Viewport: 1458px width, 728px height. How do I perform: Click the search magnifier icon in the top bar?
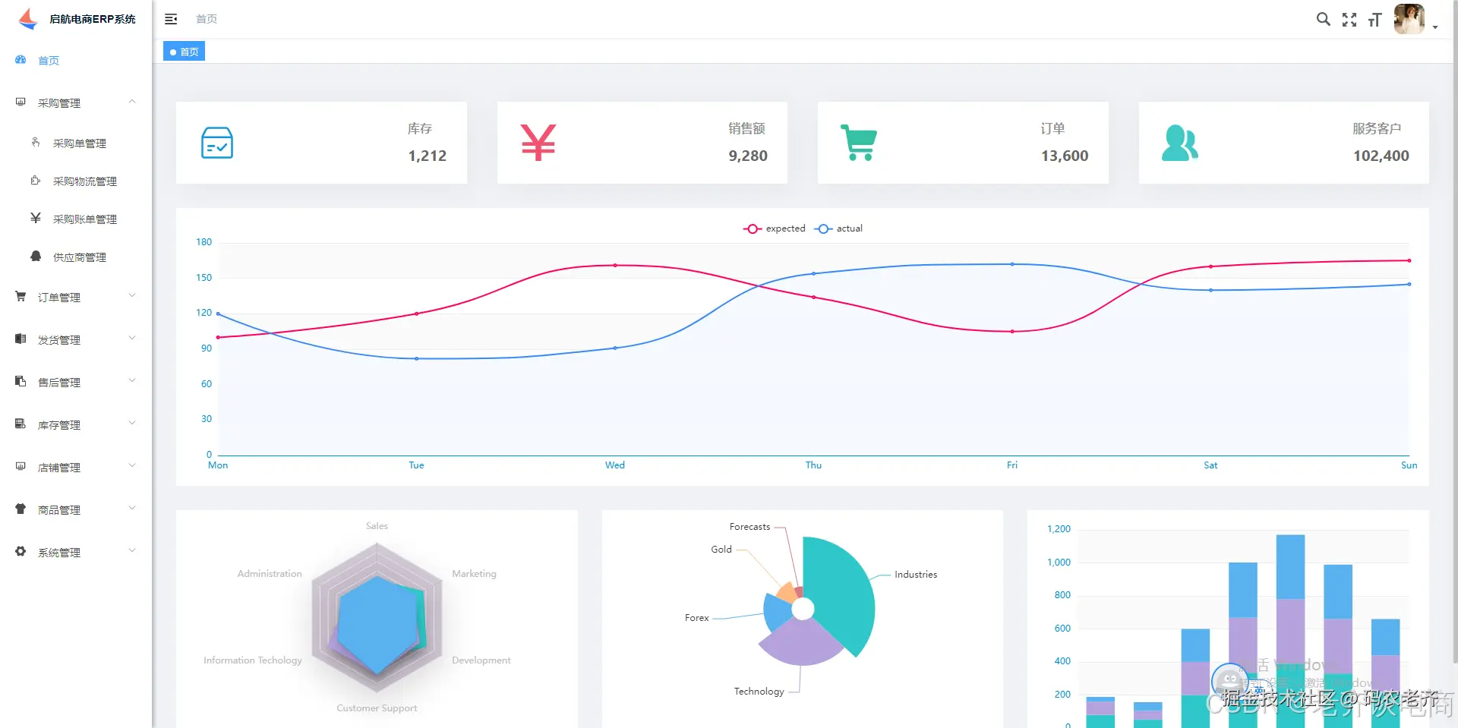tap(1323, 20)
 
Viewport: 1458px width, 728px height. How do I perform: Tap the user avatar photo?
tap(1409, 19)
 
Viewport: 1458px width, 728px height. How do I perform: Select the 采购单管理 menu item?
tap(79, 143)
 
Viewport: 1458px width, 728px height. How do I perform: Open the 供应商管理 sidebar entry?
tap(79, 257)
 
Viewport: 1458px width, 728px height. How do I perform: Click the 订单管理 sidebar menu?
tap(59, 298)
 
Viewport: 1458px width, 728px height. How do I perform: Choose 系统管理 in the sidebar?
tap(59, 553)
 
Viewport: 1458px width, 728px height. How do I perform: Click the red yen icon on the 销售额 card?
tap(538, 143)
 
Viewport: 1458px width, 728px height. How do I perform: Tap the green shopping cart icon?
tap(859, 143)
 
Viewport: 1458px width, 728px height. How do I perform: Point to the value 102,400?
tap(1381, 156)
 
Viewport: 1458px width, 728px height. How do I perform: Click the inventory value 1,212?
tap(427, 156)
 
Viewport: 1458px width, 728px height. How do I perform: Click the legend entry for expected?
tap(775, 228)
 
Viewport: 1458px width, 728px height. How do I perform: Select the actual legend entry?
tap(839, 228)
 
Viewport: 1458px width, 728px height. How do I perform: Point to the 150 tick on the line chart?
tap(204, 278)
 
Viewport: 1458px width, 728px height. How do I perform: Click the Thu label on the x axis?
tap(813, 465)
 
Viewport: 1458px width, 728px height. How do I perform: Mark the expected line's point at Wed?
tap(615, 265)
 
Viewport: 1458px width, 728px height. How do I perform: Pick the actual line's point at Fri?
tap(1012, 264)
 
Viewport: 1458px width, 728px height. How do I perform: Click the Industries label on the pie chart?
tap(915, 575)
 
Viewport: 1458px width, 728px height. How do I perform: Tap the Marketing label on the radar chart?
tap(474, 574)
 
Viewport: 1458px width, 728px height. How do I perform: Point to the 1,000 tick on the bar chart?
tap(1059, 563)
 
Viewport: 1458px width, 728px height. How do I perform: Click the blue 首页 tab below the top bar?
tap(185, 52)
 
